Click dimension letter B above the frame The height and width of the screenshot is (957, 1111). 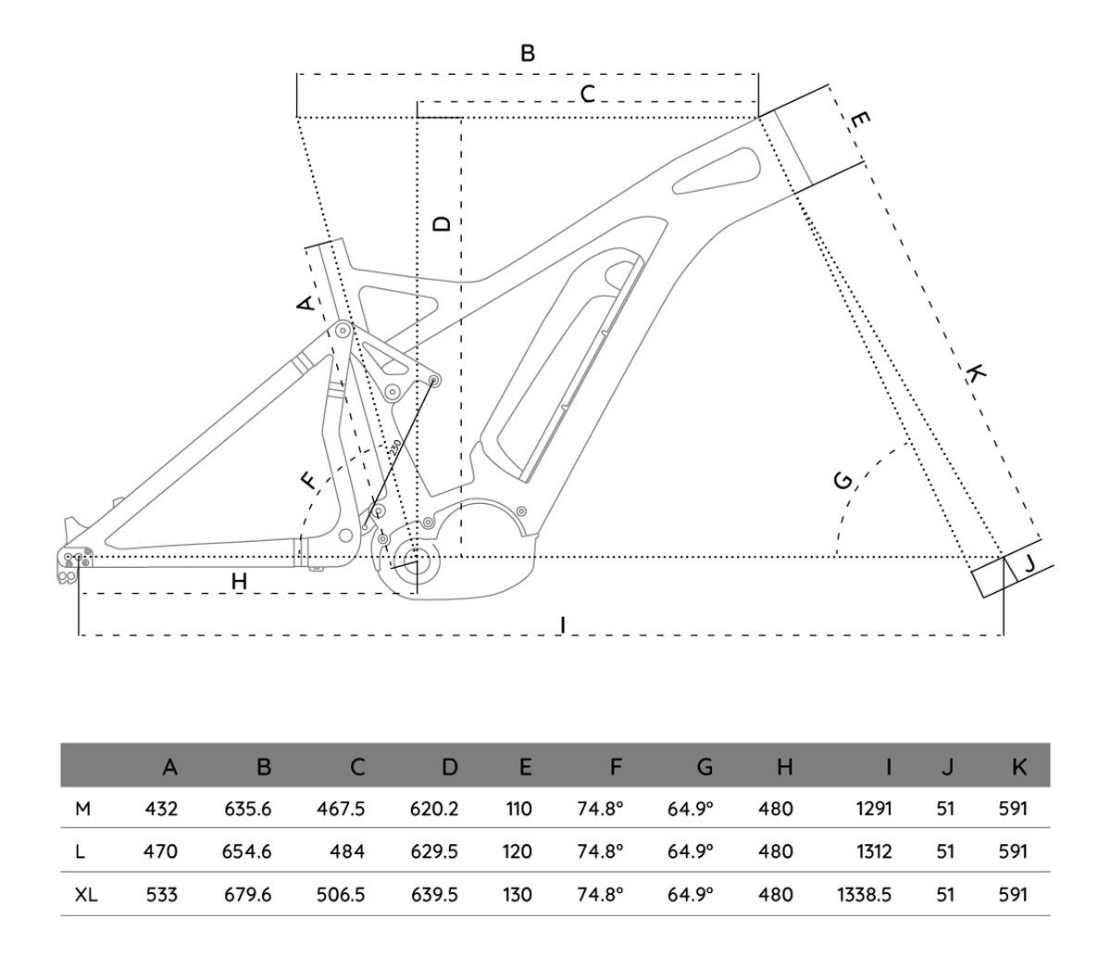pyautogui.click(x=527, y=53)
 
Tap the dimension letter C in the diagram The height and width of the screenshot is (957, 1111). pyautogui.click(x=587, y=94)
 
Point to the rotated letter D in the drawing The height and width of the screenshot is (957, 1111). pyautogui.click(x=443, y=223)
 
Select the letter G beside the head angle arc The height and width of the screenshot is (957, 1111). pyautogui.click(x=843, y=480)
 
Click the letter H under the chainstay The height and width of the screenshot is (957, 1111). pyautogui.click(x=239, y=581)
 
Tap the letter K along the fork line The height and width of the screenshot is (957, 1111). pyautogui.click(x=975, y=373)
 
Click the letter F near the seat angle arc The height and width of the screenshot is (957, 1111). pyautogui.click(x=308, y=480)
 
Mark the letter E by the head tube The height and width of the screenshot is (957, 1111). pyautogui.click(x=859, y=120)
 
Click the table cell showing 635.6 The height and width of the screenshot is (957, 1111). pyautogui.click(x=247, y=809)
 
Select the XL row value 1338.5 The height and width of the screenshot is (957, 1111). pyautogui.click(x=864, y=895)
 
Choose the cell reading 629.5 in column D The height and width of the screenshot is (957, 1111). pyautogui.click(x=434, y=851)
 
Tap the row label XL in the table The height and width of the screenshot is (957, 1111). pyautogui.click(x=87, y=895)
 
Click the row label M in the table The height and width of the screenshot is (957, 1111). pyautogui.click(x=82, y=809)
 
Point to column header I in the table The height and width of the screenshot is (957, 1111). pyautogui.click(x=888, y=766)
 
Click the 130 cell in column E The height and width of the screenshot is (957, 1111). pyautogui.click(x=518, y=895)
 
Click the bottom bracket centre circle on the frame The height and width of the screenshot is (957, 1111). pyautogui.click(x=410, y=558)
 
